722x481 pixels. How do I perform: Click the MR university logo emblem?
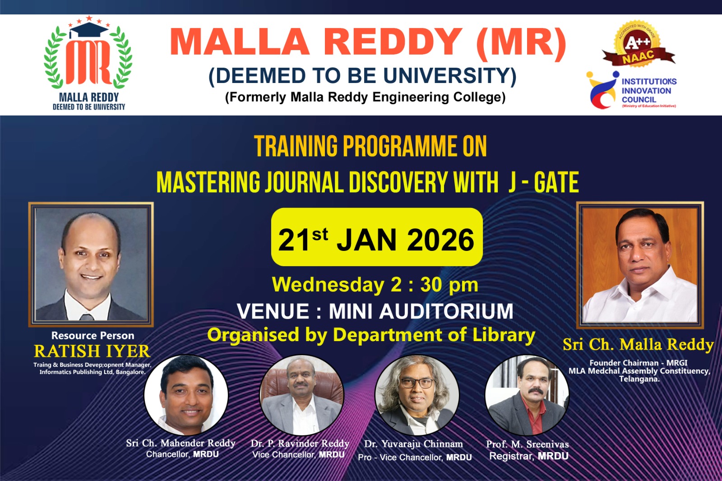(88, 53)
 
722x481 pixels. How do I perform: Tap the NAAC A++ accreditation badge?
(638, 45)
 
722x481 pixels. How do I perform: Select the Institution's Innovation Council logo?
(631, 90)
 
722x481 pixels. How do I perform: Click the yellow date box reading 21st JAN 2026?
(377, 237)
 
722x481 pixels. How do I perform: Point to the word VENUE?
(273, 311)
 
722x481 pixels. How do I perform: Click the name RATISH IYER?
(92, 351)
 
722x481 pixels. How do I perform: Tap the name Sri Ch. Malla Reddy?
(638, 345)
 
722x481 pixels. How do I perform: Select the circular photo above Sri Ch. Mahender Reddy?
(186, 395)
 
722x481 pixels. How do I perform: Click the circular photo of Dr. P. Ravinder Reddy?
(302, 395)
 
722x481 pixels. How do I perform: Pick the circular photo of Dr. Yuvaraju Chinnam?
(417, 395)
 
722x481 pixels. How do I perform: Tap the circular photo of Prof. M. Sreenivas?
(527, 395)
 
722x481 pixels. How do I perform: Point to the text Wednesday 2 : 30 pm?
(375, 285)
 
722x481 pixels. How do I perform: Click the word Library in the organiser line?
(504, 335)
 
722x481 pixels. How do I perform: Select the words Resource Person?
(93, 336)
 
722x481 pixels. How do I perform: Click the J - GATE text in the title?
(543, 183)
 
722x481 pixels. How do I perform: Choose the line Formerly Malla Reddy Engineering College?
(365, 97)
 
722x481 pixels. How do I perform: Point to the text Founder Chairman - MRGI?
(639, 363)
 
